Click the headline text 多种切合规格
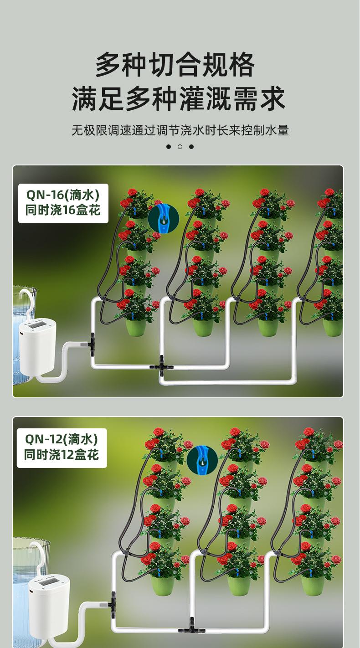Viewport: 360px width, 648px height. tap(175, 65)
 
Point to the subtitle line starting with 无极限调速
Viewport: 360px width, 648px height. tap(180, 130)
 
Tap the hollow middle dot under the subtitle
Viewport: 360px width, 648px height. tap(180, 147)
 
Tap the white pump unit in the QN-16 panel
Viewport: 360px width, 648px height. tap(37, 346)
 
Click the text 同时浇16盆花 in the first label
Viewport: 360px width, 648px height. tap(63, 211)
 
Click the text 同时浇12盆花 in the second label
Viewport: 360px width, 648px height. tap(62, 455)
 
